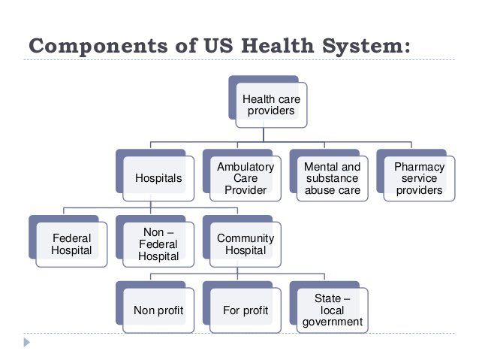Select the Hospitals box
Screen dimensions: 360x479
coord(157,178)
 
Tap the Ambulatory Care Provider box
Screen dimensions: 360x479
coord(245,178)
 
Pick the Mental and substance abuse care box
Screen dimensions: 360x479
coord(332,178)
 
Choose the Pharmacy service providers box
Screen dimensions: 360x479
coord(419,178)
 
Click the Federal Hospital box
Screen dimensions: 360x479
coord(71,244)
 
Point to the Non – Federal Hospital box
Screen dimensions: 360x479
coord(158,244)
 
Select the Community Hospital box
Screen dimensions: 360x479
coord(245,244)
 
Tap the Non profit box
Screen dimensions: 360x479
coord(158,310)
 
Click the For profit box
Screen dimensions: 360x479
coord(246,310)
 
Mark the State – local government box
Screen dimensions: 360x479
coord(332,310)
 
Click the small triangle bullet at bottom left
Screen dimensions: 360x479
coord(27,342)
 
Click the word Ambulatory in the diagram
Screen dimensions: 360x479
coord(245,167)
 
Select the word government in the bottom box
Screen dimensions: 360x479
coord(333,322)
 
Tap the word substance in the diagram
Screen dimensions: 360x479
coord(332,178)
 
